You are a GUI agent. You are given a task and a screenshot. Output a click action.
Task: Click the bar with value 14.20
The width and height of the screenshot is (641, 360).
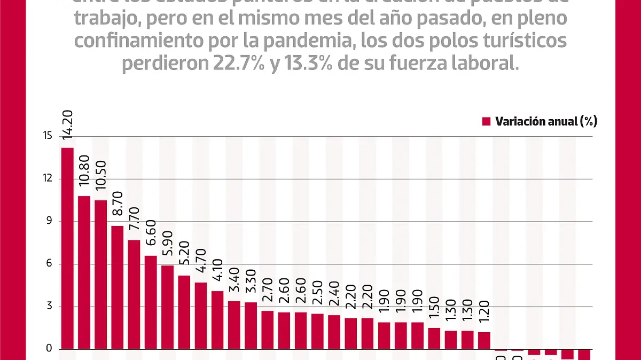pyautogui.click(x=67, y=248)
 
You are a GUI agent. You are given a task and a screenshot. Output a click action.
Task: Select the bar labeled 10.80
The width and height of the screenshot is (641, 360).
pyautogui.click(x=84, y=272)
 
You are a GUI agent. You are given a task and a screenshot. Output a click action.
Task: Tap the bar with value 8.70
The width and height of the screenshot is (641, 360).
pyautogui.click(x=118, y=287)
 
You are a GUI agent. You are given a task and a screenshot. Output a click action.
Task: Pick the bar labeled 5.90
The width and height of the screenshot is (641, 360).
pyautogui.click(x=167, y=307)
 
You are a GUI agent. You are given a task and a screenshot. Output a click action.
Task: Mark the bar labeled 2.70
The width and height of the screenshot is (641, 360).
pyautogui.click(x=268, y=330)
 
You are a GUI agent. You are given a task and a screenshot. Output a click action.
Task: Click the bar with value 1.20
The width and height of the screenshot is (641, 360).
pyautogui.click(x=484, y=340)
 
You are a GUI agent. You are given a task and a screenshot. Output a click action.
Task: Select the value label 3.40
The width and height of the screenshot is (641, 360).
pyautogui.click(x=234, y=285)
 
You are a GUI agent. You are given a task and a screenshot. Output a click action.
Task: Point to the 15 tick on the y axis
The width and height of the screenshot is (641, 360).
pyautogui.click(x=48, y=136)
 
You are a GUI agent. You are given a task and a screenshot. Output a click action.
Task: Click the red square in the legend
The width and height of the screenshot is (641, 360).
pyautogui.click(x=486, y=122)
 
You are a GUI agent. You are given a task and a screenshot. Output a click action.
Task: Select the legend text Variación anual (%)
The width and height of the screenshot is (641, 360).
pyautogui.click(x=546, y=122)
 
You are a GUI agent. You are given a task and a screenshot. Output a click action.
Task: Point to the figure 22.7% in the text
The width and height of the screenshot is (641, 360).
pyautogui.click(x=230, y=64)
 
